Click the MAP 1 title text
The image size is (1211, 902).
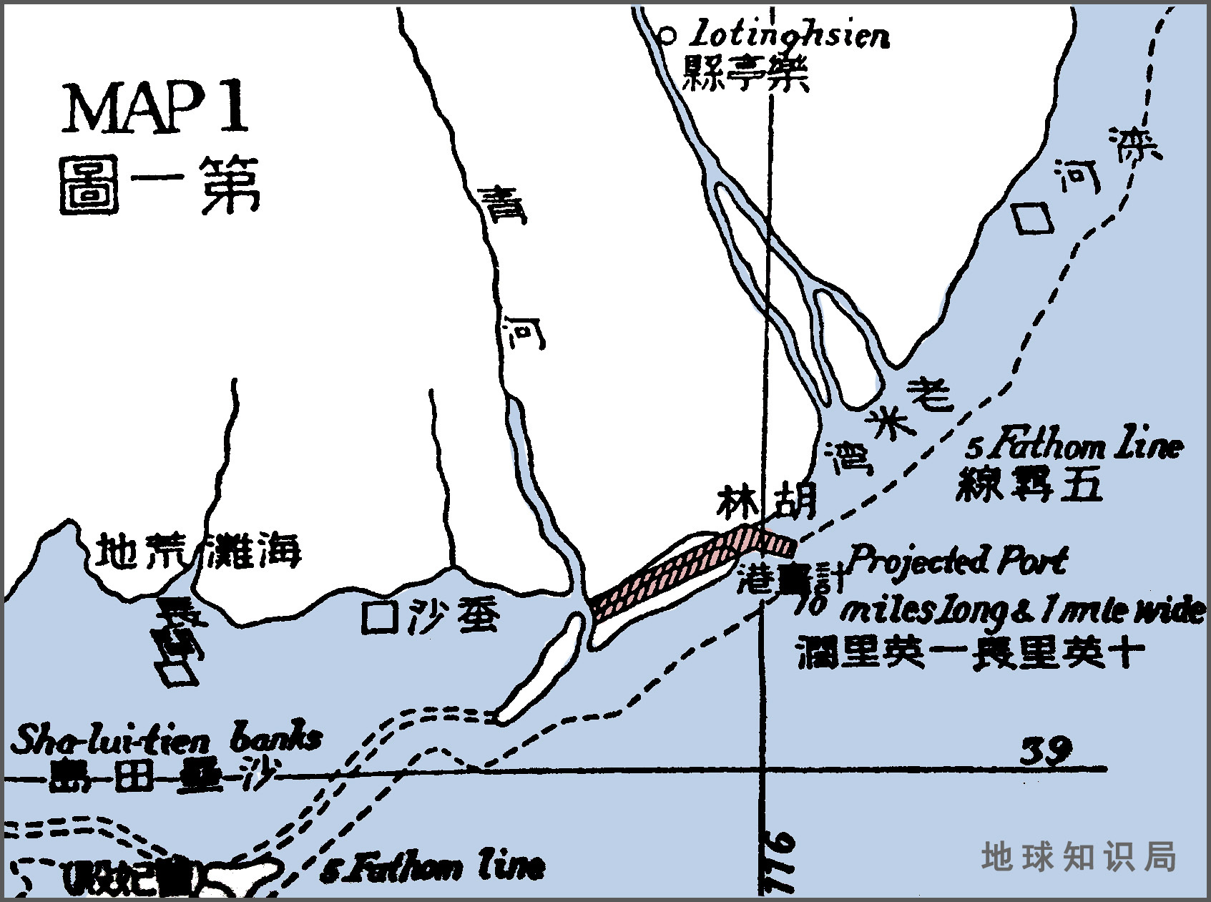tap(156, 108)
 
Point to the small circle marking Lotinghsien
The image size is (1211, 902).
tap(667, 33)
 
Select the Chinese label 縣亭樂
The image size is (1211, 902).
tap(745, 73)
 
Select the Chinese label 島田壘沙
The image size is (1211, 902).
tap(150, 777)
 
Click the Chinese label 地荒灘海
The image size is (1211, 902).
tap(199, 552)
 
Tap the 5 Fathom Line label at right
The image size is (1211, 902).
tap(1073, 447)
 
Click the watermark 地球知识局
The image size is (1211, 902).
tap(1078, 856)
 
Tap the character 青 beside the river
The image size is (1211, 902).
tap(502, 205)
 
